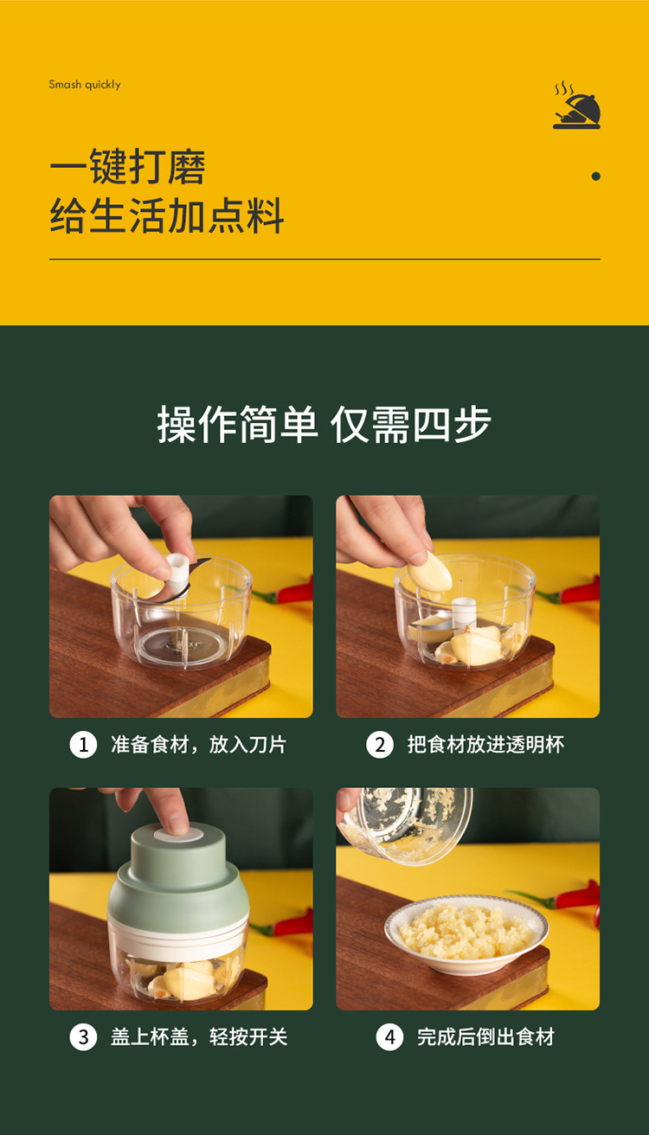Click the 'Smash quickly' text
[x=85, y=85]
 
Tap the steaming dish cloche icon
[x=576, y=106]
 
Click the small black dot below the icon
[x=595, y=176]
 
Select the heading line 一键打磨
[x=127, y=167]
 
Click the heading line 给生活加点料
[x=167, y=216]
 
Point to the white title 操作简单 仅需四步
[x=324, y=425]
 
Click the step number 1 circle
[x=83, y=745]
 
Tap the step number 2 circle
[x=379, y=745]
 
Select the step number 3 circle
[x=83, y=1037]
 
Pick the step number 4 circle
[x=389, y=1037]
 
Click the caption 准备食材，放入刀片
[x=198, y=745]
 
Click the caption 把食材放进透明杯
[x=485, y=745]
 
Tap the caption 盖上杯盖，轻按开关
[x=198, y=1037]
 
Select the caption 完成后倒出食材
[x=485, y=1037]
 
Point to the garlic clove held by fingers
[x=430, y=572]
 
